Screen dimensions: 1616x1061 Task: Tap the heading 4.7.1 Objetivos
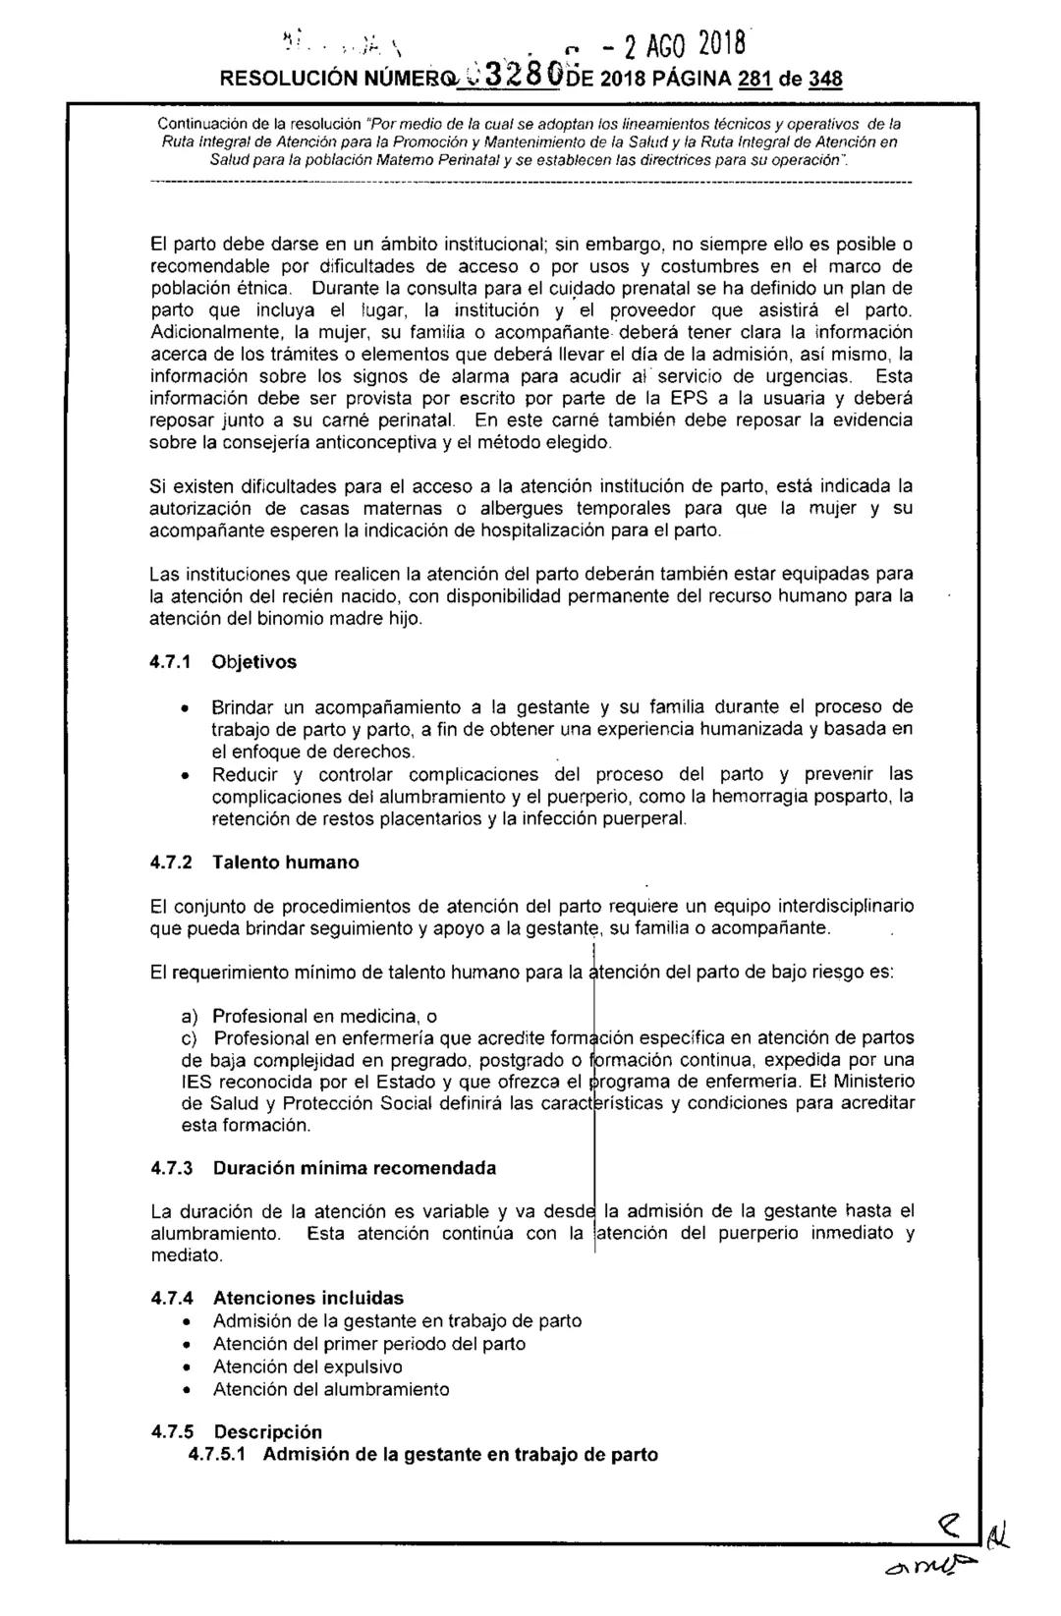pyautogui.click(x=223, y=662)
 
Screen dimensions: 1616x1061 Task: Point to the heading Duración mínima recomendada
pyautogui.click(x=355, y=1168)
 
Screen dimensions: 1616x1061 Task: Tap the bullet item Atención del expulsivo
pyautogui.click(x=307, y=1366)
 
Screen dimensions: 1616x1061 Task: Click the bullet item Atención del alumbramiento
pyautogui.click(x=331, y=1389)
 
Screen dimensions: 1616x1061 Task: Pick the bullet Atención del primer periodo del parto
pyautogui.click(x=368, y=1343)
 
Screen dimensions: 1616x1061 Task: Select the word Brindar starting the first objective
pyautogui.click(x=244, y=707)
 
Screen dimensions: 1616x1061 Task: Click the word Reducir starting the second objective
pyautogui.click(x=244, y=774)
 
